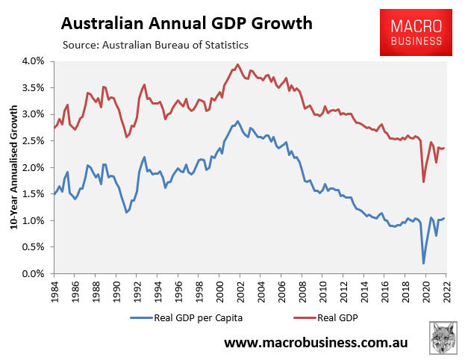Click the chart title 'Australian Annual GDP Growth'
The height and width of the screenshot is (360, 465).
[187, 23]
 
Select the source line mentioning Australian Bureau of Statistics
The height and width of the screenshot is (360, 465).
[155, 46]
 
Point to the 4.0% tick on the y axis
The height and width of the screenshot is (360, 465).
[34, 60]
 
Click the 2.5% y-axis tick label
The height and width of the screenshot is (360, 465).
[34, 140]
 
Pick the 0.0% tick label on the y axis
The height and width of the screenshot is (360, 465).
[34, 274]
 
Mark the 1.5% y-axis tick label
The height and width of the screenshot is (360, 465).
[34, 194]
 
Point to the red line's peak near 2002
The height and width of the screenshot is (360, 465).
[237, 64]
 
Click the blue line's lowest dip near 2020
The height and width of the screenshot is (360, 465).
[423, 263]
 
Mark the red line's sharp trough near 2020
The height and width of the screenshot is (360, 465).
[423, 181]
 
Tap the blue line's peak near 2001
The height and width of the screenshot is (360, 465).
[237, 121]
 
